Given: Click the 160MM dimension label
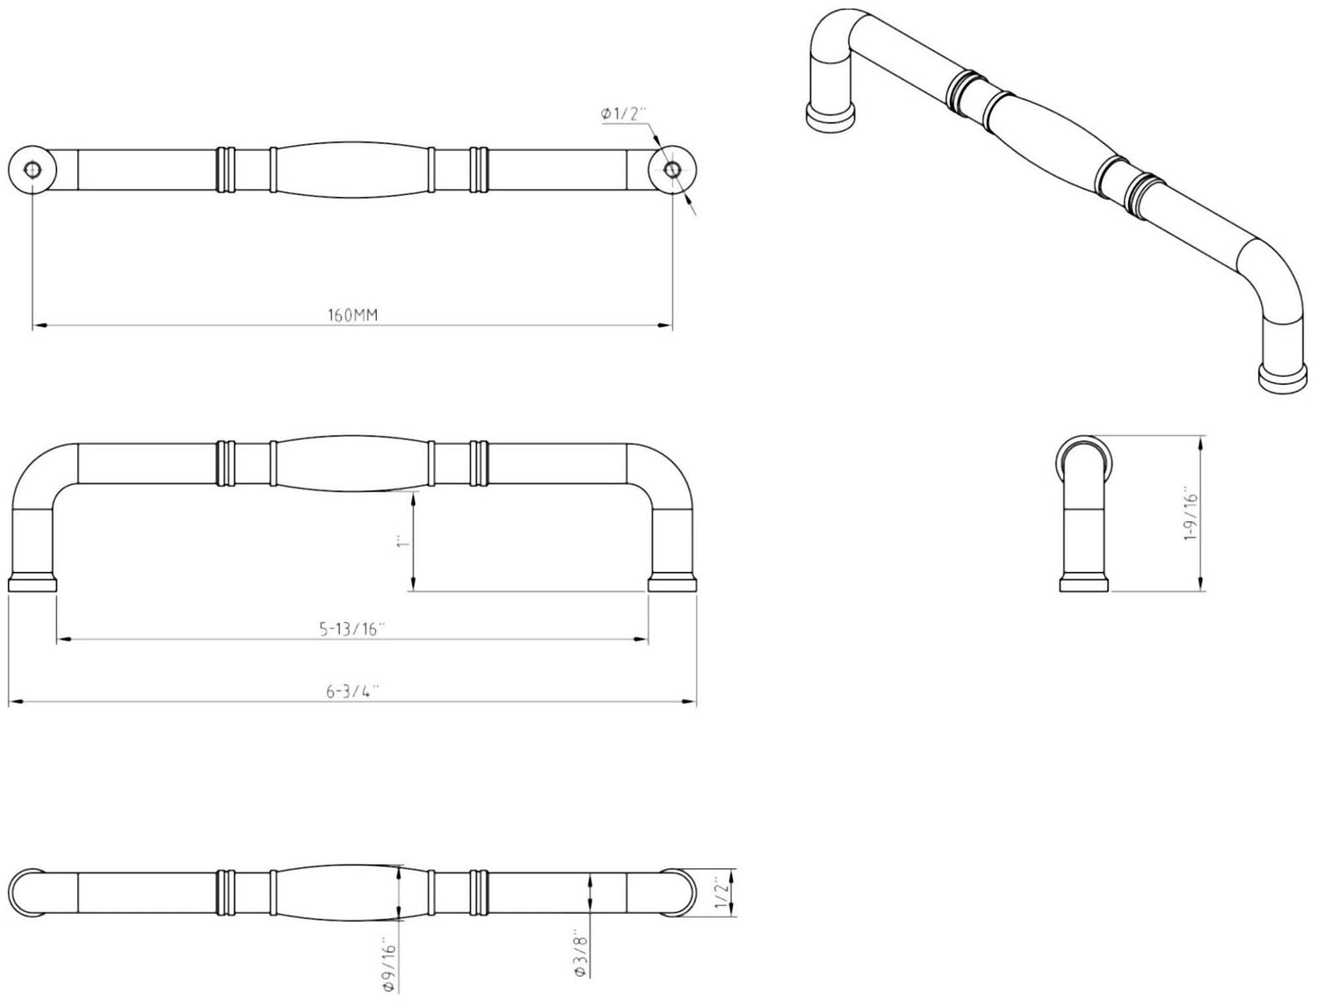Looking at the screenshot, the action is tap(352, 315).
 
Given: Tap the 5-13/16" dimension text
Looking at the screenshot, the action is tap(351, 628).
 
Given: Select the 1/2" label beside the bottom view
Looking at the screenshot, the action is tap(722, 895).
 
